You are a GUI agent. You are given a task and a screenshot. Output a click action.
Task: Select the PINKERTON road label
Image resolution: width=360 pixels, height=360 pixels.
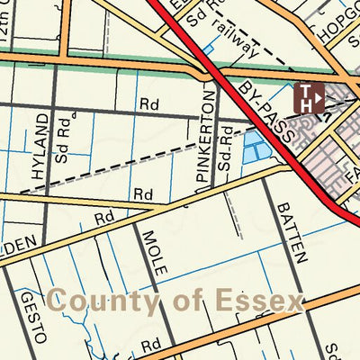point(206,142)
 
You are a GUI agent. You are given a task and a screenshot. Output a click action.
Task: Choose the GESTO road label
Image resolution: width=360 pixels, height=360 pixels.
point(32,319)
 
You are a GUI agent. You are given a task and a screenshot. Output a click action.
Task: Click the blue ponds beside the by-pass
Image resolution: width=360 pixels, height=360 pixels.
point(257,145)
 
